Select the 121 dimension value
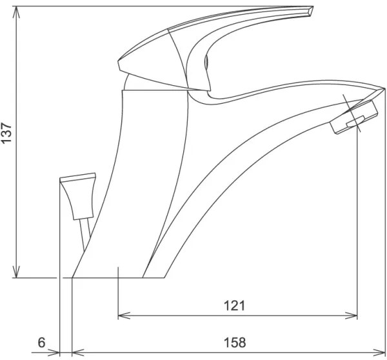coord(234,306)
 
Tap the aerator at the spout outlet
coord(353,119)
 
